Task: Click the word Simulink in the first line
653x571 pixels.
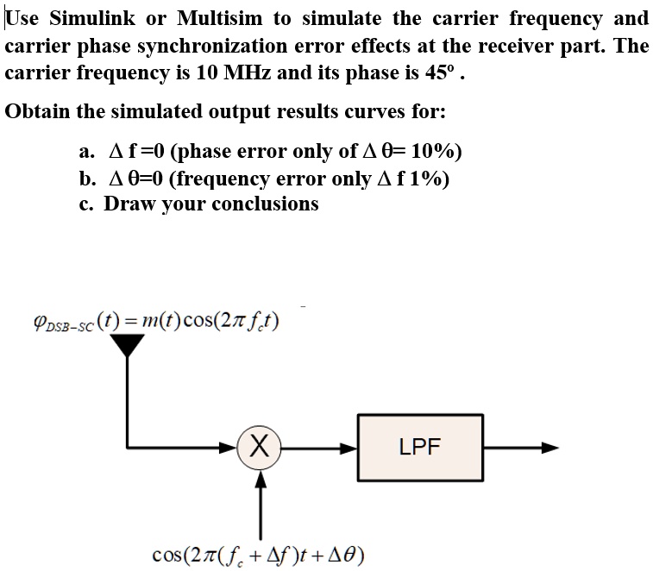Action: click(96, 18)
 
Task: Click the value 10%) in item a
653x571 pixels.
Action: click(436, 152)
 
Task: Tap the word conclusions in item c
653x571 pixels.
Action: click(265, 204)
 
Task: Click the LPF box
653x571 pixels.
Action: click(420, 448)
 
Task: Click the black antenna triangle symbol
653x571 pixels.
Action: click(128, 344)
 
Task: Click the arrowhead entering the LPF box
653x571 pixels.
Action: click(348, 448)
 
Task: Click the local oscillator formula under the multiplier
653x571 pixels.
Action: click(258, 552)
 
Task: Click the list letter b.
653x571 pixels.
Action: click(87, 179)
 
